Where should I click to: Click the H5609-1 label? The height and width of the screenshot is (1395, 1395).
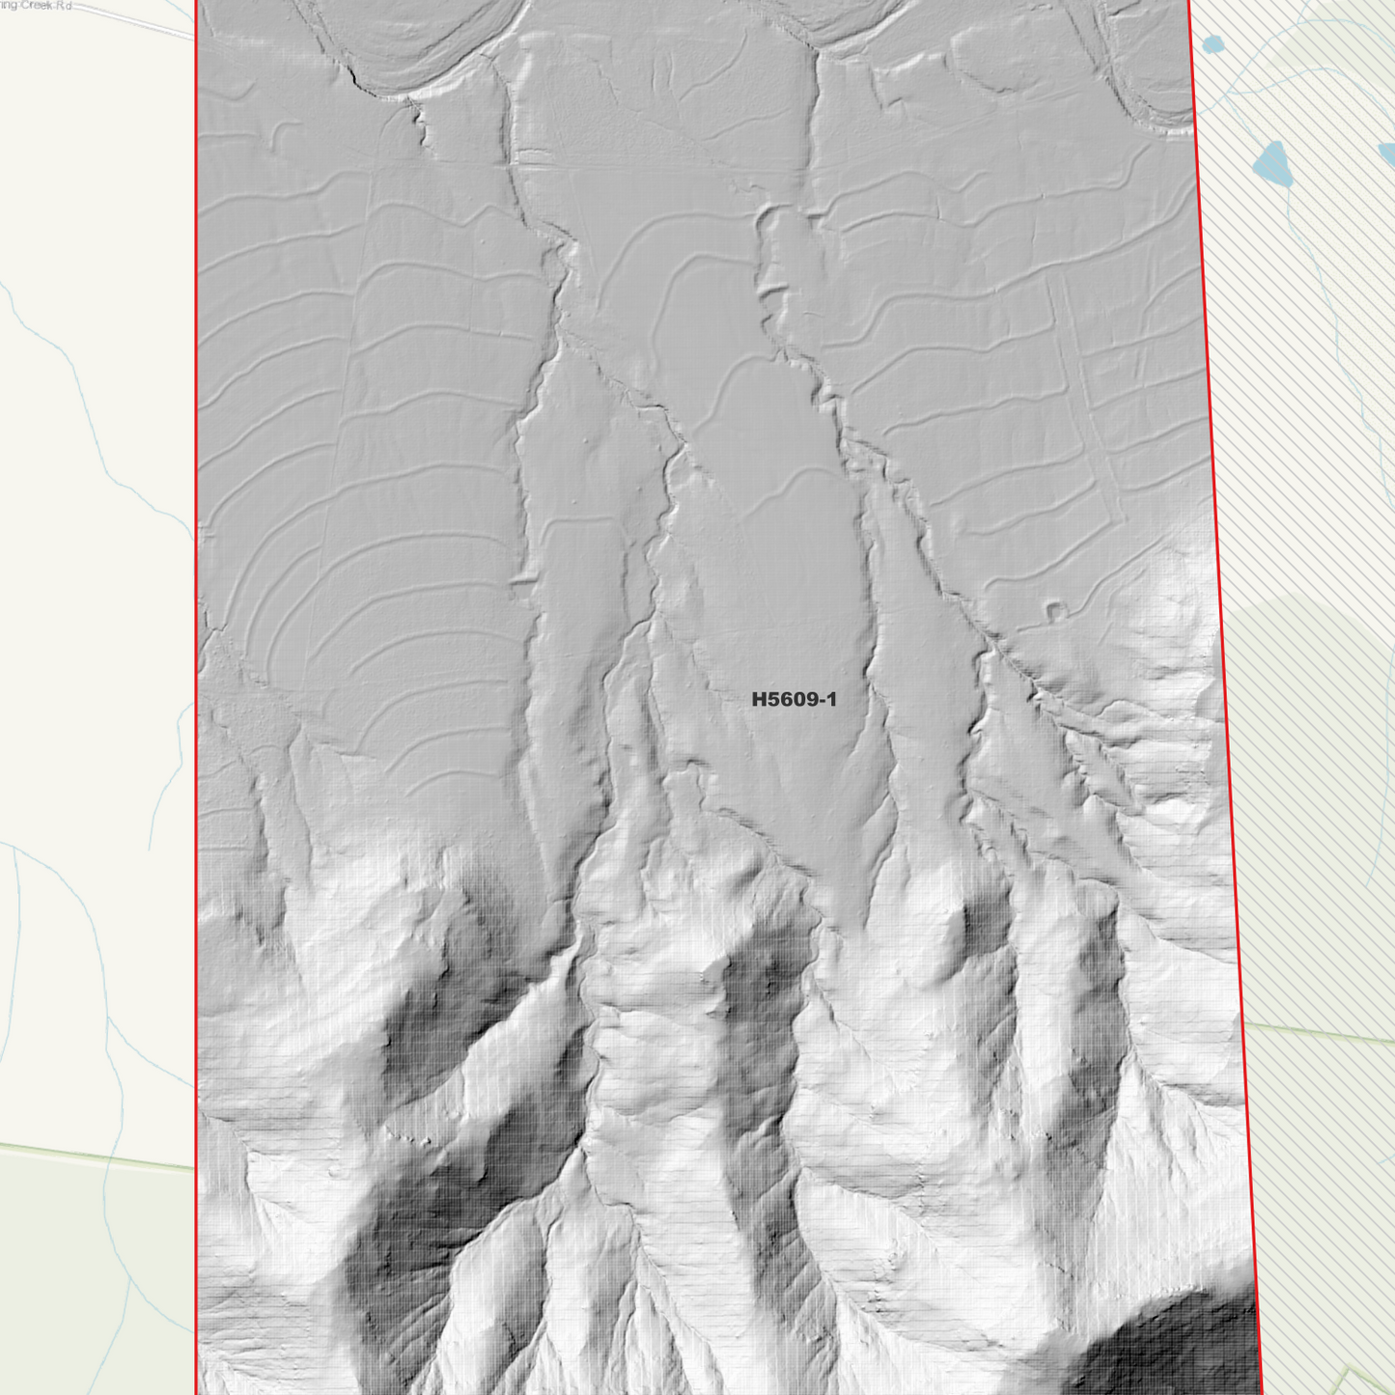794,699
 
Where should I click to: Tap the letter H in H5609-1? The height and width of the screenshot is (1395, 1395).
759,699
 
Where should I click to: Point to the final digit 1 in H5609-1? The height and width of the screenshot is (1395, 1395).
831,699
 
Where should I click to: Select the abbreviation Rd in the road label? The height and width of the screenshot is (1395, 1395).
65,5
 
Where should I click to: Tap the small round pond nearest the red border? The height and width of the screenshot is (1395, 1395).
1213,43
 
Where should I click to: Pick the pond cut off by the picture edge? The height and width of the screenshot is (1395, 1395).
1388,153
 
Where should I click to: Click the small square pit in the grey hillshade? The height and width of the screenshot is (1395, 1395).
1056,610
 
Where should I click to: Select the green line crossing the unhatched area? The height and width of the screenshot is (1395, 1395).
97,1156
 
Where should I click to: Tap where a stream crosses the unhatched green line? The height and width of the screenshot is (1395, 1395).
109,1158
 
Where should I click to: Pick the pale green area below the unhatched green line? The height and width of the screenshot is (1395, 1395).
77,1274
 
